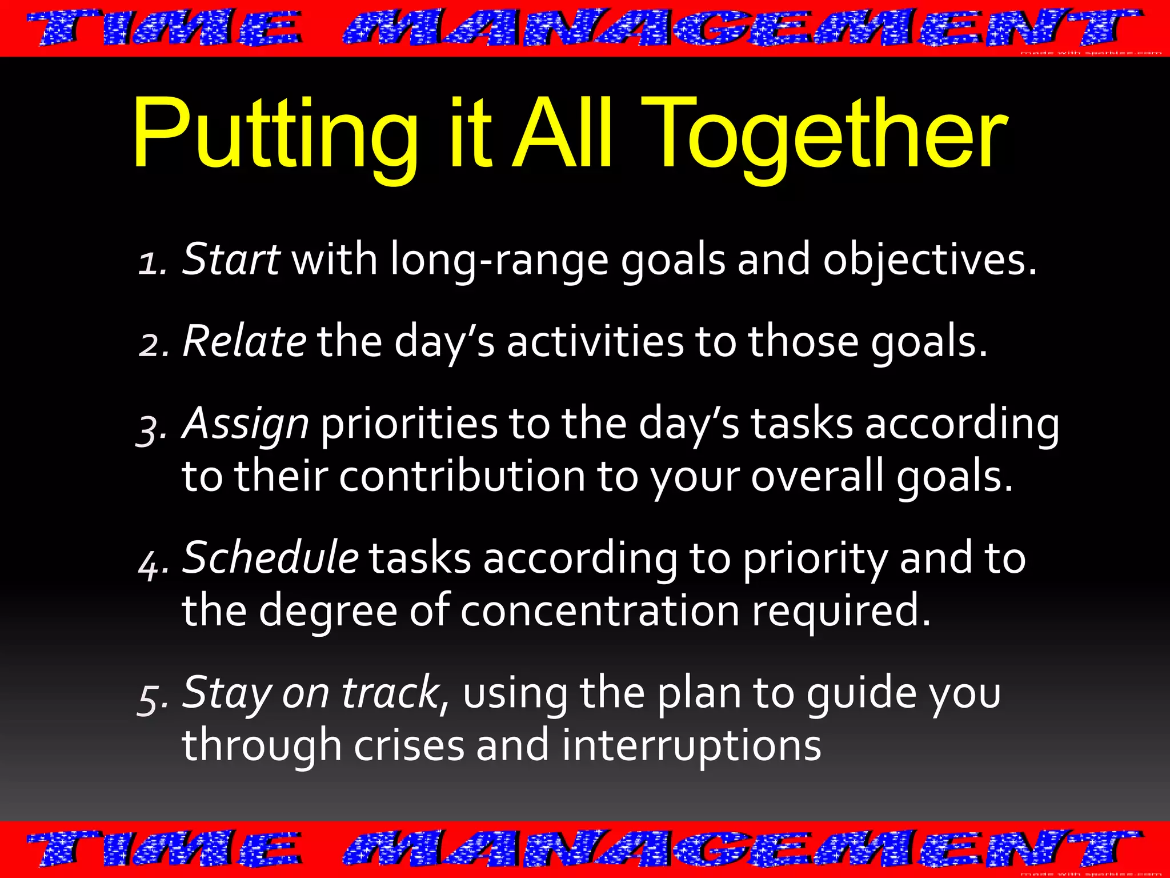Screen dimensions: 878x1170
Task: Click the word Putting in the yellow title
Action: (x=274, y=134)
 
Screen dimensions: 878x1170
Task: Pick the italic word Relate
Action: (x=245, y=341)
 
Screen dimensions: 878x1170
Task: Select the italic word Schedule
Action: (x=270, y=557)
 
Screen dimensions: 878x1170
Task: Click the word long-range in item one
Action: (x=499, y=260)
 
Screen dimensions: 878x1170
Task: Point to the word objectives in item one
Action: (x=928, y=260)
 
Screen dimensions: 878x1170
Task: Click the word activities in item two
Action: (x=595, y=341)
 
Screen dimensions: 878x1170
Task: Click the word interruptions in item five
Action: (x=691, y=745)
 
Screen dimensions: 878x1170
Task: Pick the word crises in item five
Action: (x=409, y=745)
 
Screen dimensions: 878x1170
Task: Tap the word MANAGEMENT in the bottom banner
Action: (x=743, y=848)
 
